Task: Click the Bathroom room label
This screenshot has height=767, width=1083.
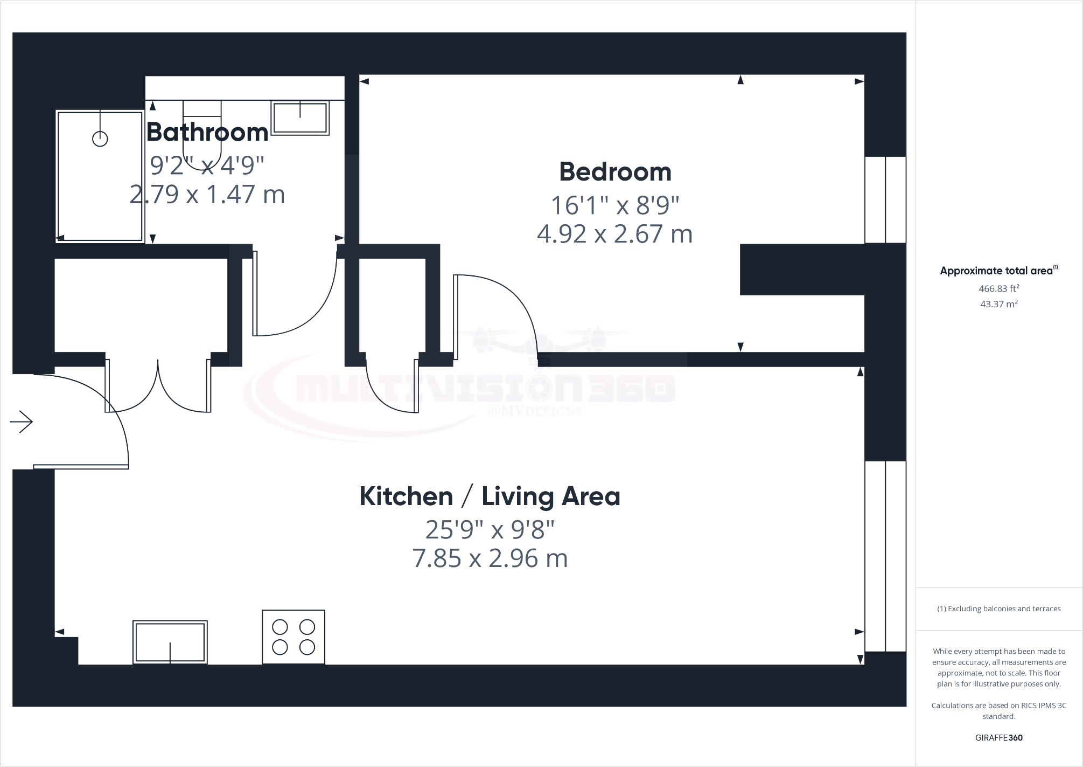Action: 207,132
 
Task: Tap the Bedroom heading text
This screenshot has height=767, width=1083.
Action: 615,172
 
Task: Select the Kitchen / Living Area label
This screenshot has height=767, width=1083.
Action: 490,496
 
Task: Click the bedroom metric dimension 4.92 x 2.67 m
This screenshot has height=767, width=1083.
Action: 614,234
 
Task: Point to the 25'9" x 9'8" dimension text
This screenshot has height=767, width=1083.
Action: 490,530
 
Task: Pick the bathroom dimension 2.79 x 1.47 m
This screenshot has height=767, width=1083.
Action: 207,194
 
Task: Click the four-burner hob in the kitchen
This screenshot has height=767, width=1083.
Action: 294,637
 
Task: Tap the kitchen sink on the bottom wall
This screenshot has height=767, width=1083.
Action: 170,642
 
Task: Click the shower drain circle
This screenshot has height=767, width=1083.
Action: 100,139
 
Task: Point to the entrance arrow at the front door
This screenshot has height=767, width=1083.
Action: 22,421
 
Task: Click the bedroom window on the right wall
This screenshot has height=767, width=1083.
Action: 885,200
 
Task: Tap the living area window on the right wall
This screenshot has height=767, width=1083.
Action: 885,556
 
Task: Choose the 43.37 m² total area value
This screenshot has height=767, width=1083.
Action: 998,304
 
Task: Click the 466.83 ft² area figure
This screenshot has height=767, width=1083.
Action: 998,289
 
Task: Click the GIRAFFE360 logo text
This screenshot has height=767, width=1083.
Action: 998,738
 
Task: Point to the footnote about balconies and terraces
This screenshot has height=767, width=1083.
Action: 998,609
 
